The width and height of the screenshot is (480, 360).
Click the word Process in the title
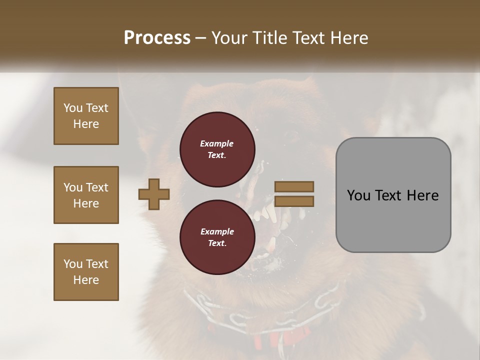tap(157, 38)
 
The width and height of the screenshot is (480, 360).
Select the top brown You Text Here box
tap(86, 116)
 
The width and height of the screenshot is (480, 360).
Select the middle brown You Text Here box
tap(86, 195)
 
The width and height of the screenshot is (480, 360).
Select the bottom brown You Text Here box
tap(86, 272)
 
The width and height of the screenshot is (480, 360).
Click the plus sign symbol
tap(154, 194)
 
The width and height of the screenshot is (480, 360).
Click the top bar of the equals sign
tap(294, 186)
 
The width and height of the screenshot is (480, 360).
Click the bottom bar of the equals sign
tap(294, 201)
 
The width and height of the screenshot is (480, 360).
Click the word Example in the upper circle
tap(217, 143)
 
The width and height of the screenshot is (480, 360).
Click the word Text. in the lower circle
tap(217, 243)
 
